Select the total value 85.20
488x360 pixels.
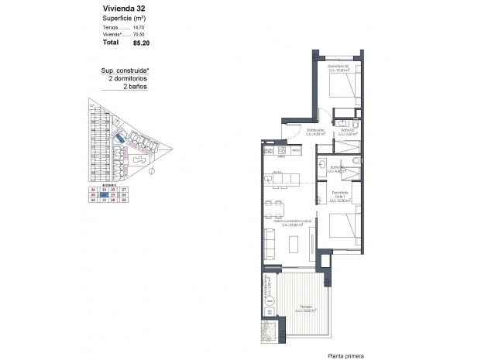pos(142,44)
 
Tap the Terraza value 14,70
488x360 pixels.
pos(139,28)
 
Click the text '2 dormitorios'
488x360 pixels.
pos(127,79)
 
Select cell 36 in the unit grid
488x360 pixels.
pos(93,190)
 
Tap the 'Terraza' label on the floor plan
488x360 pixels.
pos(305,307)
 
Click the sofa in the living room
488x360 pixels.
pos(271,243)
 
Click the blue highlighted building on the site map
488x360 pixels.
pos(119,137)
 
